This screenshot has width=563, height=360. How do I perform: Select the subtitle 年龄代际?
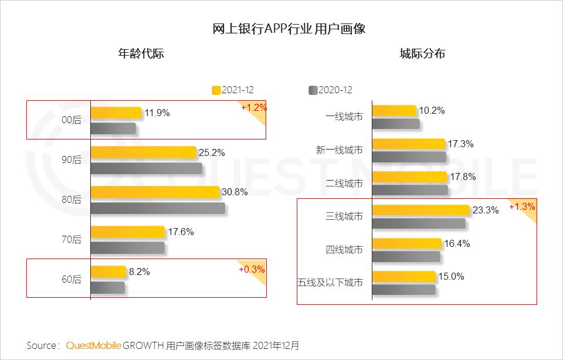coord(141,54)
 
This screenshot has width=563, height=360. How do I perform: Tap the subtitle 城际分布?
coord(422,54)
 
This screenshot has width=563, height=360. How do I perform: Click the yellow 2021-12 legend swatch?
coord(216,90)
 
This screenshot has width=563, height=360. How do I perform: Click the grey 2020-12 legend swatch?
coord(313,90)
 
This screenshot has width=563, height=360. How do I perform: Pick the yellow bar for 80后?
coord(155,192)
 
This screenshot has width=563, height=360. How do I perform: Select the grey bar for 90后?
coord(146,168)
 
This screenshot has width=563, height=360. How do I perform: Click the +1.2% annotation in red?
coord(253,108)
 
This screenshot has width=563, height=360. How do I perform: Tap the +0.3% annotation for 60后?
coord(252,270)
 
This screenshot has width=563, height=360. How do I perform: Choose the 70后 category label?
coord(72,240)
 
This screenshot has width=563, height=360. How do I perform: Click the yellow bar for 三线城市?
coord(421,210)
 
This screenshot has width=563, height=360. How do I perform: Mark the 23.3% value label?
coord(486,210)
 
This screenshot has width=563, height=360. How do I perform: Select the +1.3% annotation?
coord(522,206)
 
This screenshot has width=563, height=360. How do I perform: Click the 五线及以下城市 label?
coord(330,283)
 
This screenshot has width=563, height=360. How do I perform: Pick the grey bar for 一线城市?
coord(396,124)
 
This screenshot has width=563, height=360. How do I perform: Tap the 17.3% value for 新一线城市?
coord(460,144)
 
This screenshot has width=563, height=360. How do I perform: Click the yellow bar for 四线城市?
coord(406,243)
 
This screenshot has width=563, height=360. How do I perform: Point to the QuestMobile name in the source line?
coord(93,345)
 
